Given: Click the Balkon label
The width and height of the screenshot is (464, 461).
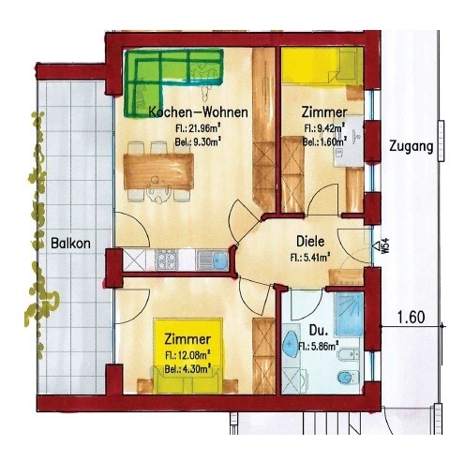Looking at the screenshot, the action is pyautogui.click(x=70, y=243).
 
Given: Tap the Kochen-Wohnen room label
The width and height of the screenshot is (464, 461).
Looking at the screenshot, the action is pyautogui.click(x=199, y=112).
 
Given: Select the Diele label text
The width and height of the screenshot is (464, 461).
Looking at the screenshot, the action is pyautogui.click(x=310, y=241).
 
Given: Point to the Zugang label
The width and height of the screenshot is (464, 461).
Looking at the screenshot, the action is pyautogui.click(x=412, y=147).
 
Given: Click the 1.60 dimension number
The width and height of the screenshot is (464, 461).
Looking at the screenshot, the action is pyautogui.click(x=411, y=318).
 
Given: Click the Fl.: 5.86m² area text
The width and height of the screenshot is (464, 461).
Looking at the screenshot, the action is pyautogui.click(x=319, y=346).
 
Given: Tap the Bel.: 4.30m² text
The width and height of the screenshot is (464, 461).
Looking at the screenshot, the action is pyautogui.click(x=187, y=368).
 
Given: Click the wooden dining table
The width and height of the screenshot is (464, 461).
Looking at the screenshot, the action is pyautogui.click(x=158, y=171).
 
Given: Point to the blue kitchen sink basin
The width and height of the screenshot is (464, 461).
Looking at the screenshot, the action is pyautogui.click(x=220, y=260).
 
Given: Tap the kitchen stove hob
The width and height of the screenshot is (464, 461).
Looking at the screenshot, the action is pyautogui.click(x=166, y=260).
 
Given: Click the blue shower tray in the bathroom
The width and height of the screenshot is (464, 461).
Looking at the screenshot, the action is pyautogui.click(x=350, y=314).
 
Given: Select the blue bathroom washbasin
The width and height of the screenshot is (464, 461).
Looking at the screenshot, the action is pyautogui.click(x=291, y=343).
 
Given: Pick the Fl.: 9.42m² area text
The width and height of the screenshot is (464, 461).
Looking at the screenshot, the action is pyautogui.click(x=324, y=127).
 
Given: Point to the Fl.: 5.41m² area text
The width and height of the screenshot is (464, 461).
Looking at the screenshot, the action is pyautogui.click(x=310, y=258).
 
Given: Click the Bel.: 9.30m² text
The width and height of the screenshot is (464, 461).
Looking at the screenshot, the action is pyautogui.click(x=198, y=142).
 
